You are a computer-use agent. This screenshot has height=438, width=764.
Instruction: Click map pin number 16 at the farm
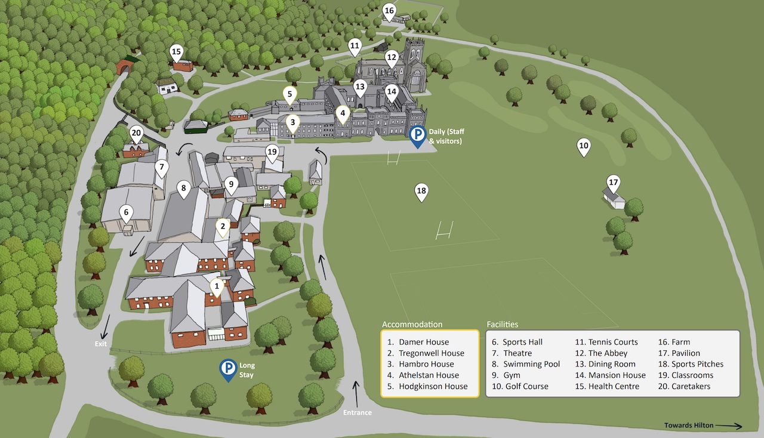tap(389, 12)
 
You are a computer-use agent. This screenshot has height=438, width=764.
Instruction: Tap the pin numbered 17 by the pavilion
tap(613, 183)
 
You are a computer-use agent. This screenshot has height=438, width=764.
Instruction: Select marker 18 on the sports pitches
tap(421, 192)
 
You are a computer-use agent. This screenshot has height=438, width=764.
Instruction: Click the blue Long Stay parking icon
tap(227, 369)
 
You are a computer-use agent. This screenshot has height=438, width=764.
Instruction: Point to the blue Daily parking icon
tap(418, 135)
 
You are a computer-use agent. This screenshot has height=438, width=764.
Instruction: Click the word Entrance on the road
tap(358, 412)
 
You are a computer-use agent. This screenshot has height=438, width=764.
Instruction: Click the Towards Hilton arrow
tap(728, 425)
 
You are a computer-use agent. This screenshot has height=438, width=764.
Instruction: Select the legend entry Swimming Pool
tap(531, 364)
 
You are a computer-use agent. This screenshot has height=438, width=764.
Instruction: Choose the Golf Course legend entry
tap(526, 386)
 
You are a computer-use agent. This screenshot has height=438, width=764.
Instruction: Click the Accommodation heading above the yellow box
tap(412, 325)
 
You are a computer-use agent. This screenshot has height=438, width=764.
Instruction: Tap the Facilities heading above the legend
tap(503, 325)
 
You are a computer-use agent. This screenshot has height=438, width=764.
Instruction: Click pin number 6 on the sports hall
tap(125, 212)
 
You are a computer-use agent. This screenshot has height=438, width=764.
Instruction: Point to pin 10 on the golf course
tap(584, 146)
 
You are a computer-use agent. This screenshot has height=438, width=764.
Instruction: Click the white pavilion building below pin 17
tap(614, 199)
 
